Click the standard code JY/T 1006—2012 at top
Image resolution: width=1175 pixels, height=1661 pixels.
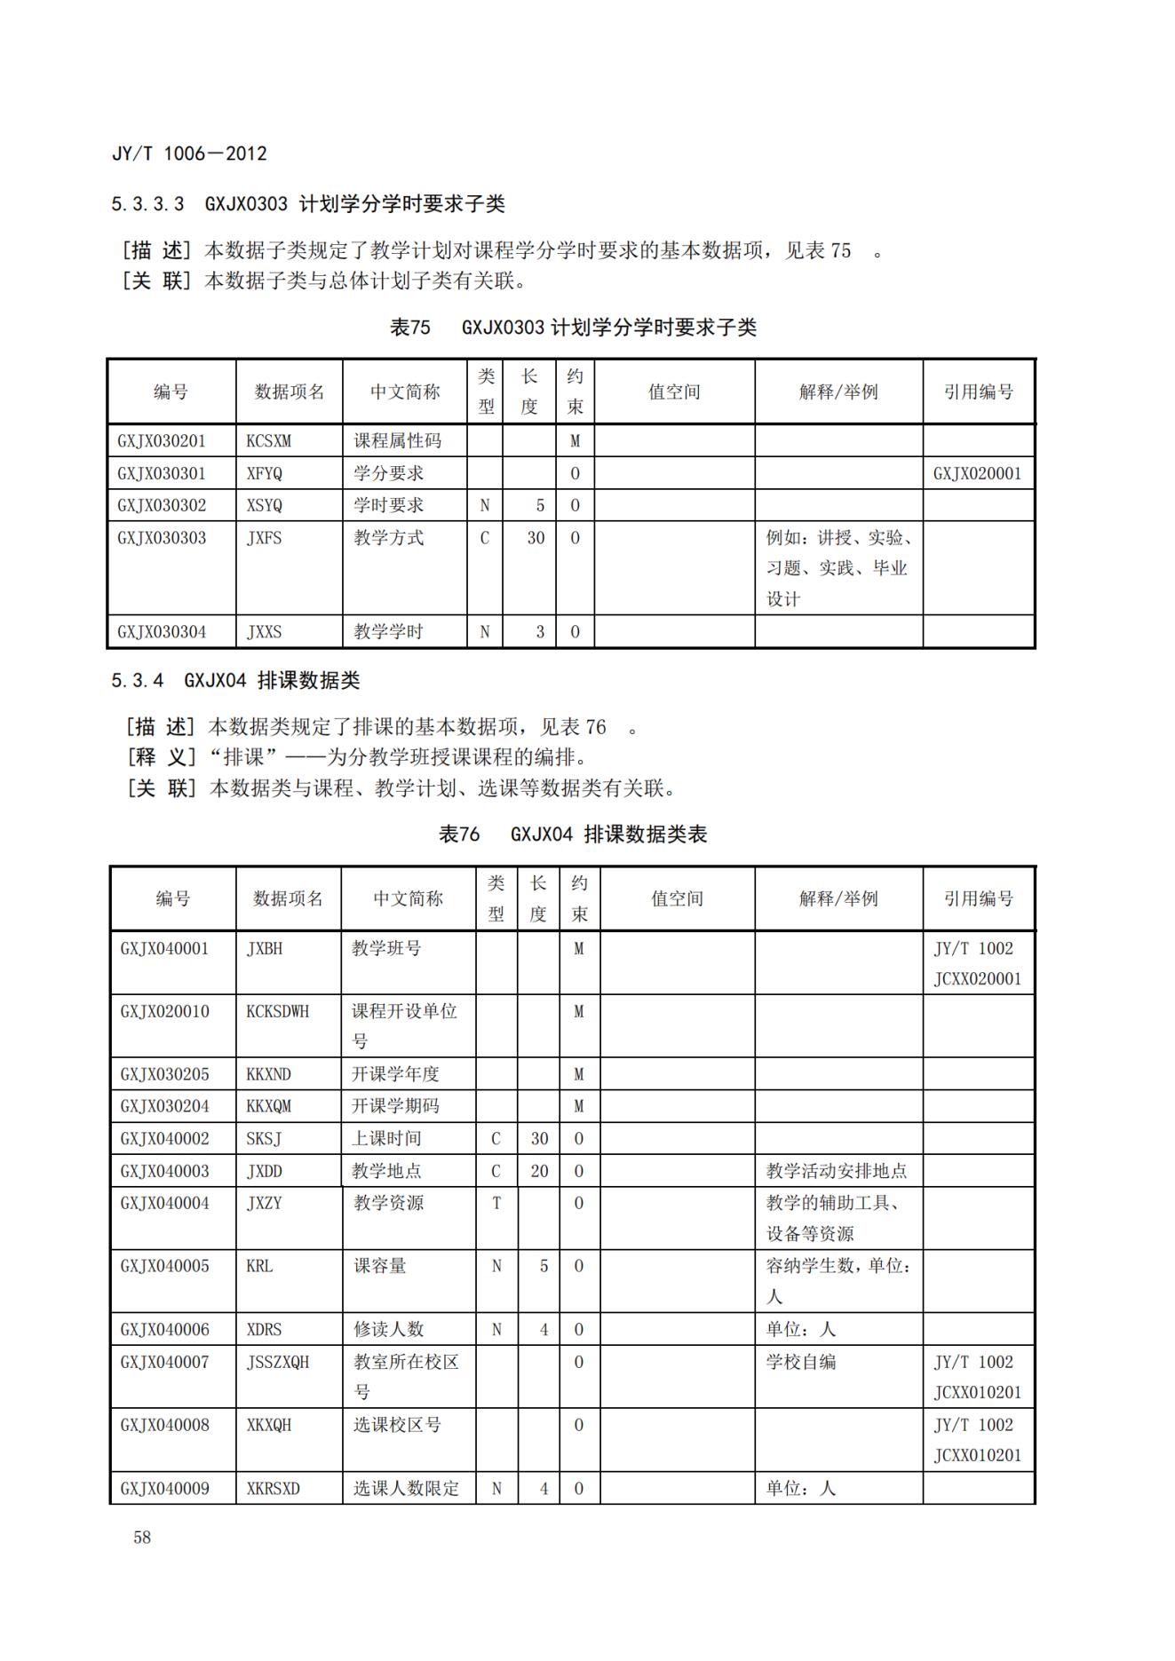pos(189,154)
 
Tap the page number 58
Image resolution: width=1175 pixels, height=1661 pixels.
pos(142,1538)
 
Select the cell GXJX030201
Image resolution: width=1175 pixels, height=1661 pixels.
pos(162,441)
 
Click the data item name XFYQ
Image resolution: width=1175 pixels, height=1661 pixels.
pos(265,473)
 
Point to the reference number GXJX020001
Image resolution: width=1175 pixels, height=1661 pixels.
pos(977,473)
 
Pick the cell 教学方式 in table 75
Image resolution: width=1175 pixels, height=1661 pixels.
pos(389,538)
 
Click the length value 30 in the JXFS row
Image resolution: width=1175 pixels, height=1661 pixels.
pos(536,538)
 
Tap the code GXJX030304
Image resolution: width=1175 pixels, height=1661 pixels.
pos(162,632)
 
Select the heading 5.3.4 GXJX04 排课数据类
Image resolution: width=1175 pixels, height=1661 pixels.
pos(235,681)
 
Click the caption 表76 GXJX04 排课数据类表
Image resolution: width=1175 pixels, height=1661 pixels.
pos(573,834)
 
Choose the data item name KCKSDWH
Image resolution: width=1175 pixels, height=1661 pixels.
pos(278,1011)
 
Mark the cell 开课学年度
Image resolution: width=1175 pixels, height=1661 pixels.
pos(396,1074)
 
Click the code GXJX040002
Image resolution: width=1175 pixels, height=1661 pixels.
pos(165,1139)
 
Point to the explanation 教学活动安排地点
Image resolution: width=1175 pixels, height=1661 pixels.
pos(837,1171)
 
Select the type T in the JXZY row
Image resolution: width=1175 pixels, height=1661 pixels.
pos(496,1203)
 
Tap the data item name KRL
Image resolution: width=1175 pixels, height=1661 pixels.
pos(259,1266)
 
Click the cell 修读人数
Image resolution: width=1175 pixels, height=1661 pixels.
pos(389,1330)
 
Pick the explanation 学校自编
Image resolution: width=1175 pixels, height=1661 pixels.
pos(801,1362)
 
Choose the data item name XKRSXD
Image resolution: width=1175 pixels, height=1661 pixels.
pos(274,1489)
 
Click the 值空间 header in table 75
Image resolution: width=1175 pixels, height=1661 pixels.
pos(674,392)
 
